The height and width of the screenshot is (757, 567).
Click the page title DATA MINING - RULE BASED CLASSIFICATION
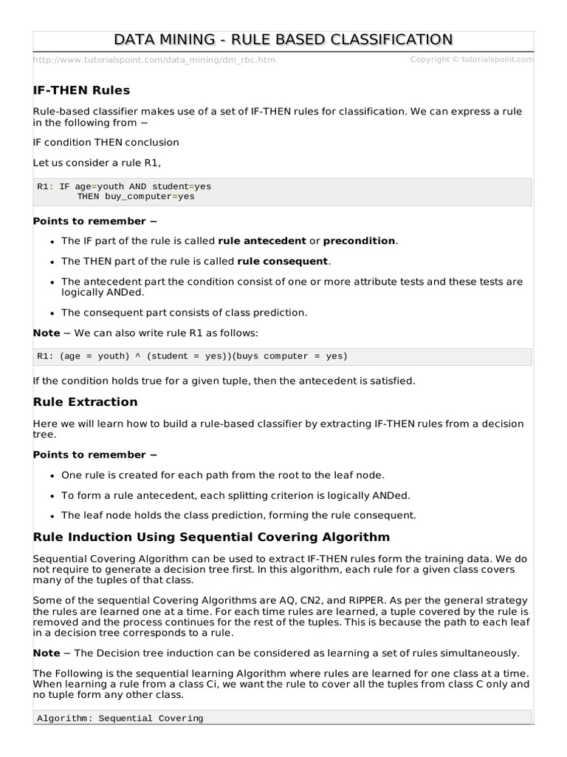coord(283,39)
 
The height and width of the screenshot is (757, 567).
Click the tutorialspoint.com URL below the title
coord(154,60)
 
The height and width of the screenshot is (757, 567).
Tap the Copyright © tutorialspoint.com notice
coord(471,59)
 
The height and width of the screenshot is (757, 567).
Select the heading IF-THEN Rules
coord(81,90)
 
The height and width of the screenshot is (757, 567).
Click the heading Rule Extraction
coord(85,402)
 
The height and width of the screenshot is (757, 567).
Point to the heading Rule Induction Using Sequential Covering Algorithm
coord(211,537)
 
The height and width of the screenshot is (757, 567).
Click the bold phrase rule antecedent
coord(261,241)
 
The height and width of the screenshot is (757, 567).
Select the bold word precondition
coord(360,241)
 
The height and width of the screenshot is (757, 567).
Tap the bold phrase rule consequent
coord(283,262)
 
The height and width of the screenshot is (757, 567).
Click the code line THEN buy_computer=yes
coord(136,197)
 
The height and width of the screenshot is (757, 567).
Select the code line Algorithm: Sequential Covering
coord(120,718)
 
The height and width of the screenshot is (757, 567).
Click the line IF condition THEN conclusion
coord(106,142)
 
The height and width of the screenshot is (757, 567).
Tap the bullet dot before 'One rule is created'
coord(52,475)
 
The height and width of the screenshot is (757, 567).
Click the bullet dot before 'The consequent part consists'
coord(52,313)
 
